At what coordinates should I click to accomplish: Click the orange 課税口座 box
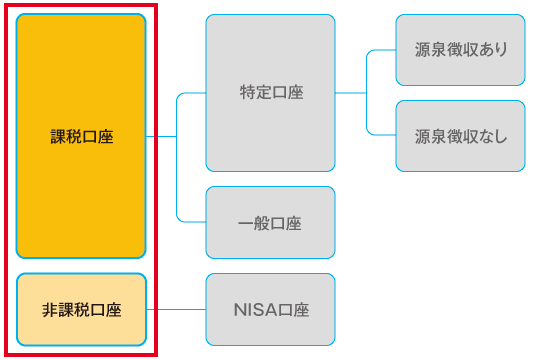point(82,136)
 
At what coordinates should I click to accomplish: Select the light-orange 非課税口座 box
point(82,309)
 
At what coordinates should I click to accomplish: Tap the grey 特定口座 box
point(270,93)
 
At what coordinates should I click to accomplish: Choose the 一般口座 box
point(270,222)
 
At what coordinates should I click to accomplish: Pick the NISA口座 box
point(270,309)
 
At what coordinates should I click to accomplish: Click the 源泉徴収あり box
point(460,50)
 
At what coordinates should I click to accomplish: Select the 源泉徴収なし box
point(460,136)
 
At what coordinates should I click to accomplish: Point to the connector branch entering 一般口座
point(191,221)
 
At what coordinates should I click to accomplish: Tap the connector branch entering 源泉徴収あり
point(382,50)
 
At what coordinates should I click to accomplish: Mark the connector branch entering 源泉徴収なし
point(382,135)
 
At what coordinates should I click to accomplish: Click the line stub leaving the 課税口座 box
point(161,136)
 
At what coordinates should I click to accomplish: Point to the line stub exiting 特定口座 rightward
point(350,93)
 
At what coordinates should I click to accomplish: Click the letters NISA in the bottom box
point(249,309)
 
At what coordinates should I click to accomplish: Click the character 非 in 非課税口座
point(49,309)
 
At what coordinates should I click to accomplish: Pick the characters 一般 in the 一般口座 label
point(254,222)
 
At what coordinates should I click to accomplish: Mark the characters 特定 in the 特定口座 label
point(255,93)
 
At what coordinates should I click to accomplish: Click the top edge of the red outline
point(82,5)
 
